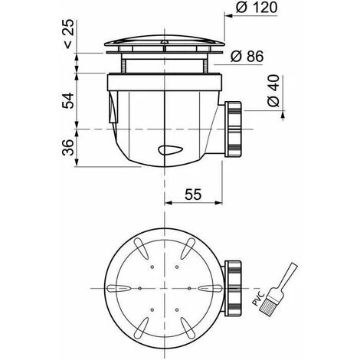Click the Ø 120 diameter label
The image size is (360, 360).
(257, 7)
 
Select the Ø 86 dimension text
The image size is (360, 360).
(247, 56)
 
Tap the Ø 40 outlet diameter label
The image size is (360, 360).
(273, 90)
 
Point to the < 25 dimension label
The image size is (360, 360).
(68, 34)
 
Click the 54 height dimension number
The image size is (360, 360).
(68, 101)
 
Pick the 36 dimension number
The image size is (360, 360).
(68, 147)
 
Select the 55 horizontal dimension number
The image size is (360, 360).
(193, 195)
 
